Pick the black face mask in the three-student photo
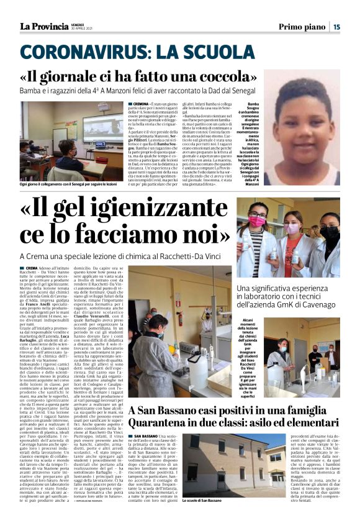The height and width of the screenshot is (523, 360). pos(330,232)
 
